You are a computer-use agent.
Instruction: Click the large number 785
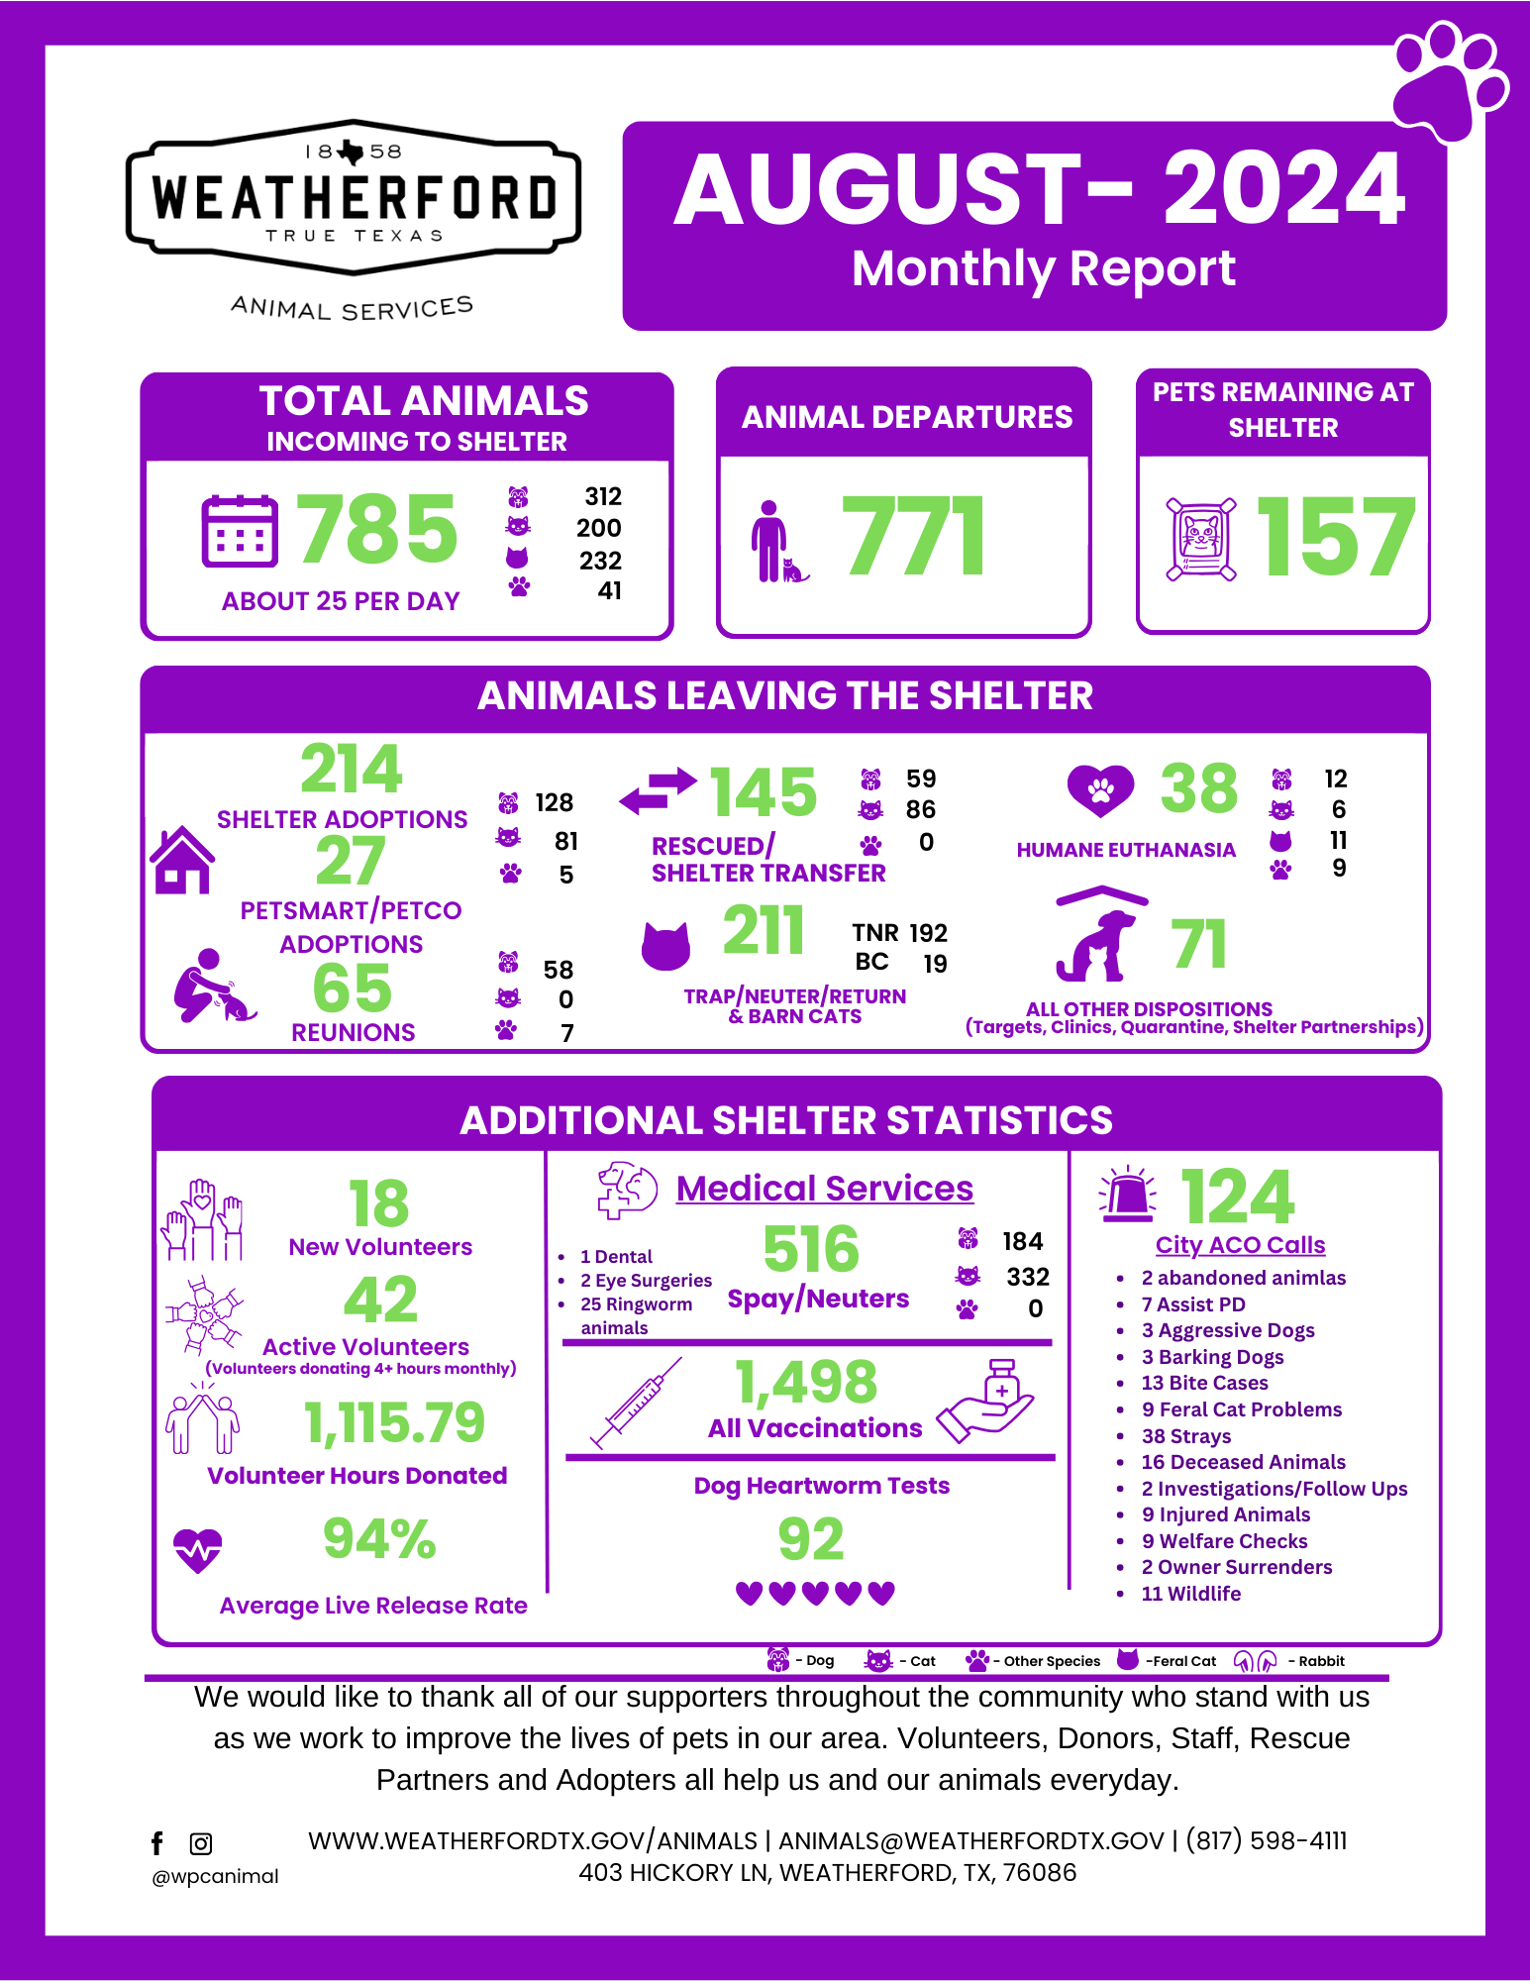pos(377,530)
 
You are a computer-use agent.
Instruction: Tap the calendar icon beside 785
pos(239,531)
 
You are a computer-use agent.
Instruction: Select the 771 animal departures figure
pos(913,536)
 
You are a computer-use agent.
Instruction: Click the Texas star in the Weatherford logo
pos(351,152)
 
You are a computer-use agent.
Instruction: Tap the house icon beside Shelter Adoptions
pos(182,860)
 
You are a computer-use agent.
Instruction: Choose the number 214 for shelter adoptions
pos(352,769)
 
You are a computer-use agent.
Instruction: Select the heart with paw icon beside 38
pos(1100,790)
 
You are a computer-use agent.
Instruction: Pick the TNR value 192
pos(928,933)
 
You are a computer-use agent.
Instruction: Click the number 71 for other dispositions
pos(1198,944)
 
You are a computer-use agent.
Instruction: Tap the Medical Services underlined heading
pos(824,1188)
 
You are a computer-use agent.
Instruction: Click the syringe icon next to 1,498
pos(636,1402)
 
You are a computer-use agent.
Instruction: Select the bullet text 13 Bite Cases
pos(1204,1383)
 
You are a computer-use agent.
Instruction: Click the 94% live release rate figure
pos(379,1539)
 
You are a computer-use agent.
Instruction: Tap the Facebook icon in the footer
pos(156,1843)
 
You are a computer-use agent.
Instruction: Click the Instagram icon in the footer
pos(201,1843)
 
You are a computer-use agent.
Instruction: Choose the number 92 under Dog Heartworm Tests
pos(811,1539)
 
